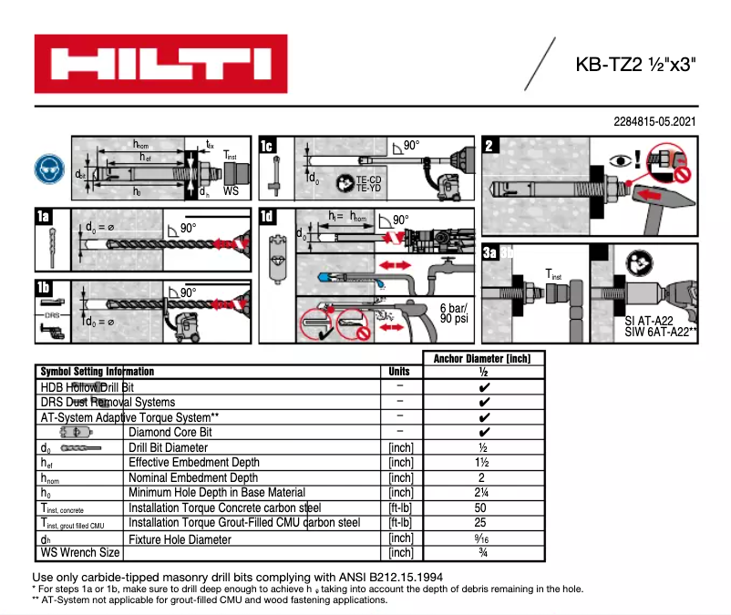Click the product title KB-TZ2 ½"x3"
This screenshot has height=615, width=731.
click(636, 65)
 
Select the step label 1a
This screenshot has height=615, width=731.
click(43, 217)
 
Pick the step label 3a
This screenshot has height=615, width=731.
click(490, 252)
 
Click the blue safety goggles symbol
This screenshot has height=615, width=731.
click(47, 169)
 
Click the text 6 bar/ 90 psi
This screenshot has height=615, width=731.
click(454, 313)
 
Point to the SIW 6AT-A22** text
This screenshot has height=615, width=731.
click(661, 333)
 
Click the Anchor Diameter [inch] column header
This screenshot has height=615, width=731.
click(484, 358)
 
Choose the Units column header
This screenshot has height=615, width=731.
click(399, 372)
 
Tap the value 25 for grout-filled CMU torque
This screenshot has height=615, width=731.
click(484, 523)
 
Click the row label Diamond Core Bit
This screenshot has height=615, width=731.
click(170, 433)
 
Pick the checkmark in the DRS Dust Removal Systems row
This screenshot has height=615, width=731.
click(484, 402)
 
